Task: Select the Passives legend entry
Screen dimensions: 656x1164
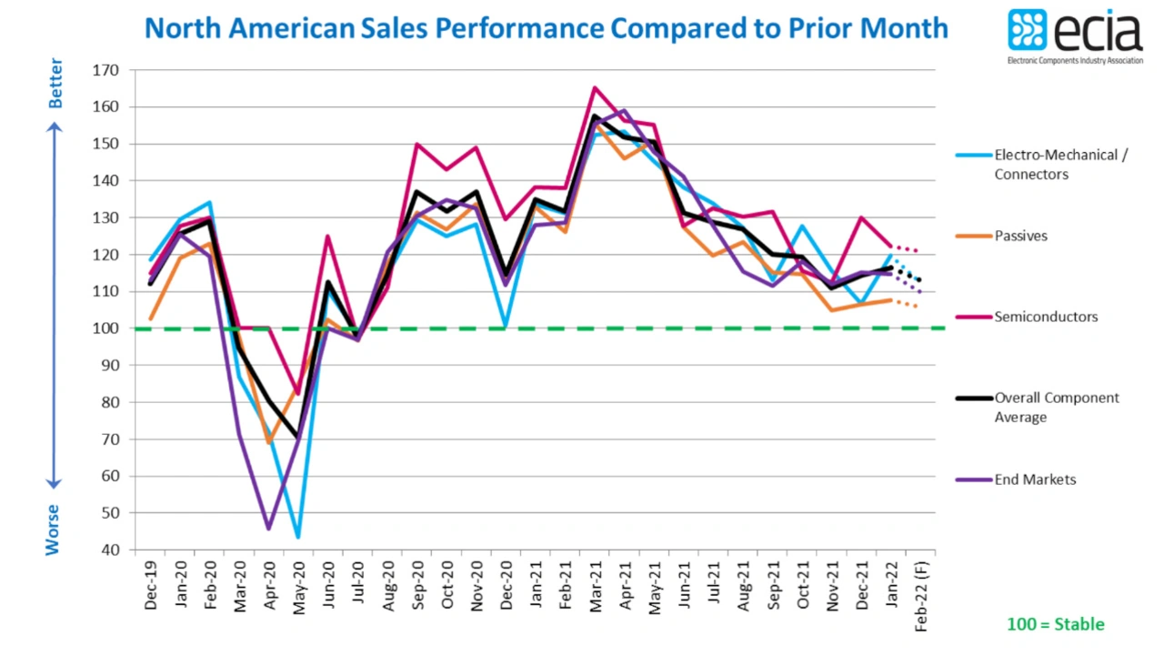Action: tap(1021, 237)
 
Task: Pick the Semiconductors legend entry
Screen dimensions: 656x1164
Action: tap(1046, 317)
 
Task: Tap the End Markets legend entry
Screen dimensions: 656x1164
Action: tap(1035, 479)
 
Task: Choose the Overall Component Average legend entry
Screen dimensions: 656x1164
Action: tap(1057, 408)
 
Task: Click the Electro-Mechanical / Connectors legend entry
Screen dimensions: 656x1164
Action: tap(1060, 165)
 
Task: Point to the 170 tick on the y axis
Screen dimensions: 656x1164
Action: tap(106, 70)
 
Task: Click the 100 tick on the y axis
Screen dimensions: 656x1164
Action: tap(106, 328)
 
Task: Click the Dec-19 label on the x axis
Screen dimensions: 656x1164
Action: tap(151, 588)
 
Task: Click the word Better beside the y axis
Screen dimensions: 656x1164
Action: tap(55, 84)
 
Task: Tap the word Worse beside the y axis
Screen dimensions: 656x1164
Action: tap(54, 530)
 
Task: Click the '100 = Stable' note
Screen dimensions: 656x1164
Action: tap(1055, 624)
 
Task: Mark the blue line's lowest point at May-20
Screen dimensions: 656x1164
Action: tap(298, 537)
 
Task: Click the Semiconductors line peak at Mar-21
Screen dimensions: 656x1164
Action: tap(594, 88)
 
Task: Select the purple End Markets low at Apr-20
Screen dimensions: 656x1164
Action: tap(268, 529)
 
